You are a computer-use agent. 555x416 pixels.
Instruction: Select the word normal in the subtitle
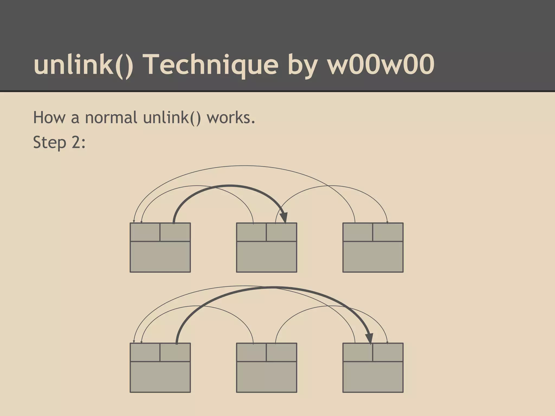tap(111, 118)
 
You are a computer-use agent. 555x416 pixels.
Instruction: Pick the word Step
tap(50, 142)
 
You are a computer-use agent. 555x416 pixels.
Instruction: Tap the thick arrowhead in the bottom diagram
tap(369, 338)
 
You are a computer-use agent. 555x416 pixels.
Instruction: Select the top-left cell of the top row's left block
tap(145, 232)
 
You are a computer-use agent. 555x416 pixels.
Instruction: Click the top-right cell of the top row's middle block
tap(282, 232)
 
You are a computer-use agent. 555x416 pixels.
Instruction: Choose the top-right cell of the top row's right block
tap(388, 232)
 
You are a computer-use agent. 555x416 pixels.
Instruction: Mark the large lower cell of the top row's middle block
tap(267, 257)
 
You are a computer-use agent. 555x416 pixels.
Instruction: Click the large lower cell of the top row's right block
tap(373, 257)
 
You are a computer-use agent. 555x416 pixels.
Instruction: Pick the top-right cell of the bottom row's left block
tap(175, 352)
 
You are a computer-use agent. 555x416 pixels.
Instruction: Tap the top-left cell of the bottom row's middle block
tap(251, 352)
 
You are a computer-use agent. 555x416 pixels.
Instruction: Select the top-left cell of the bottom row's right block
tap(358, 352)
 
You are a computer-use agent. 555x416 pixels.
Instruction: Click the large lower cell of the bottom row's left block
tap(160, 377)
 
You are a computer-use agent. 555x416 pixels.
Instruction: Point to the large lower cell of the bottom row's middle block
tap(267, 377)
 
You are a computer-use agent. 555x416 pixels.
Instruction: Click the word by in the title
tap(303, 65)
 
